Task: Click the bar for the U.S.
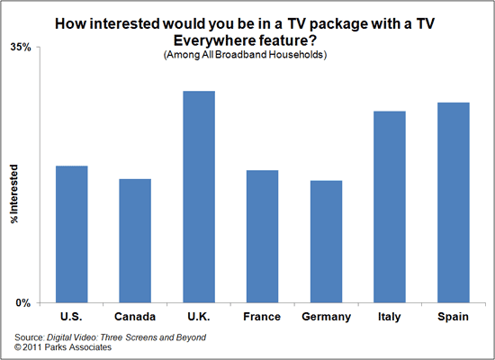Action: [72, 234]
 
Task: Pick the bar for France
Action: [262, 236]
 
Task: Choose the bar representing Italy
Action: [389, 206]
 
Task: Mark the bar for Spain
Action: [452, 202]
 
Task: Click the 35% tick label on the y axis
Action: [21, 47]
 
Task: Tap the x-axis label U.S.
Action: [72, 317]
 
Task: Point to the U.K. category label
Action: [199, 317]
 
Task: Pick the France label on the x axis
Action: [262, 317]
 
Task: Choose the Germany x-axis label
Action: [325, 317]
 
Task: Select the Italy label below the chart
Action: [389, 317]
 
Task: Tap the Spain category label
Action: [452, 317]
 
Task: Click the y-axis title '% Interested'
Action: [15, 193]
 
